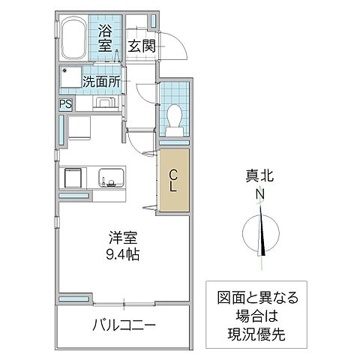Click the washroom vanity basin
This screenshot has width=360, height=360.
pos(103,103)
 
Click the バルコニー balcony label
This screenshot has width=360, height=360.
pos(124,326)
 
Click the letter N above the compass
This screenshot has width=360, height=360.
pos(261,194)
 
